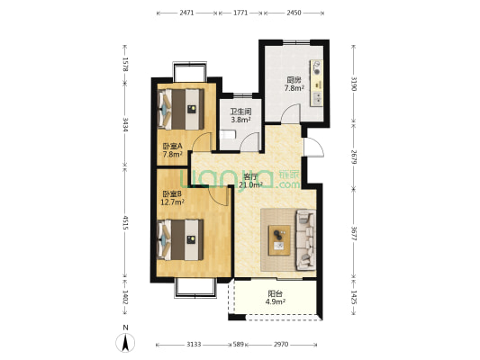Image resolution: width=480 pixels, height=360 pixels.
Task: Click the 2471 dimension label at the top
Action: [x=186, y=13]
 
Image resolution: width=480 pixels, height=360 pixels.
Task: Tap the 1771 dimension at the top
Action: [x=240, y=13]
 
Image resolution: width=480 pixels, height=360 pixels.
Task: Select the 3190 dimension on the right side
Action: [x=354, y=84]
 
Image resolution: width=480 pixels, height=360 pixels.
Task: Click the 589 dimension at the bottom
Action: [x=238, y=345]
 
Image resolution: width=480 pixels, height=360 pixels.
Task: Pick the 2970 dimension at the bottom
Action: [x=281, y=345]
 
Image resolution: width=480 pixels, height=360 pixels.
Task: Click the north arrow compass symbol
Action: [x=125, y=343]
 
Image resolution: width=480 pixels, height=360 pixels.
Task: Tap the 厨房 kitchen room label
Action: [x=294, y=80]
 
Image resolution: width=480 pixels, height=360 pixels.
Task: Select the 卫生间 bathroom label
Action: [x=240, y=112]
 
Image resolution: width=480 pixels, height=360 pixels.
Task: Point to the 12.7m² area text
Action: [x=172, y=202]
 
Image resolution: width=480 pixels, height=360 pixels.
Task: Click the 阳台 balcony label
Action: [x=276, y=294]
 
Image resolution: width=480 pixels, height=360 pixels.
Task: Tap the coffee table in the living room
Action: [x=279, y=240]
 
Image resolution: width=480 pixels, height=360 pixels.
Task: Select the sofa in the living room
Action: [x=306, y=240]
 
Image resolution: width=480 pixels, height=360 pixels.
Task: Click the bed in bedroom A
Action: [x=181, y=109]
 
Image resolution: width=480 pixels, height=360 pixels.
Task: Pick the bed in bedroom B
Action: [x=180, y=239]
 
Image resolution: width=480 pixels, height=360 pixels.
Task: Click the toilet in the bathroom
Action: [x=228, y=135]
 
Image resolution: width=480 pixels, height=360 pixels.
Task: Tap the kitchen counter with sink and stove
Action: [x=316, y=83]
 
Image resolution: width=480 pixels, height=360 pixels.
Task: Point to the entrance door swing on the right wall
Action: [x=314, y=148]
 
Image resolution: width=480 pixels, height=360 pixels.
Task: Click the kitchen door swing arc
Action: [x=290, y=112]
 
